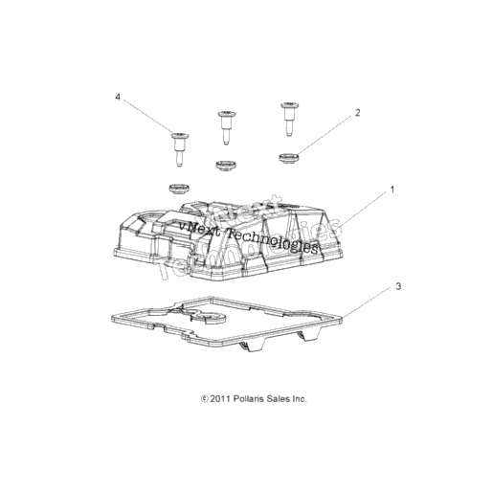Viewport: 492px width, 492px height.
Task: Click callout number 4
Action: [118, 97]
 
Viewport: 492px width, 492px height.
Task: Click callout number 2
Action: [357, 113]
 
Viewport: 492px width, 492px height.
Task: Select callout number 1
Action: [392, 190]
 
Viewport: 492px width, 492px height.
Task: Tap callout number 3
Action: [398, 286]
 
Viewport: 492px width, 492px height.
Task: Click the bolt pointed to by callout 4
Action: [179, 149]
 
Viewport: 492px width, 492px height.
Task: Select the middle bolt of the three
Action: [226, 127]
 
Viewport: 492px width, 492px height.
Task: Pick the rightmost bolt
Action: [289, 119]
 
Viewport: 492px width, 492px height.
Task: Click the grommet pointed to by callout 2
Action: [288, 158]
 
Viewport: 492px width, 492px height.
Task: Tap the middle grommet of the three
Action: [226, 166]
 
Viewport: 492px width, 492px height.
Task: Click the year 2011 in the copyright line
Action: [220, 399]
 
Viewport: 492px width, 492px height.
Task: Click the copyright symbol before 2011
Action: [205, 399]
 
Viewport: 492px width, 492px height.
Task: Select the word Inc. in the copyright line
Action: [300, 399]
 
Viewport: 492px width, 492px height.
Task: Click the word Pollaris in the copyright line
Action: [249, 399]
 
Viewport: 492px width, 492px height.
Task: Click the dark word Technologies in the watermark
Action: [272, 241]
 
